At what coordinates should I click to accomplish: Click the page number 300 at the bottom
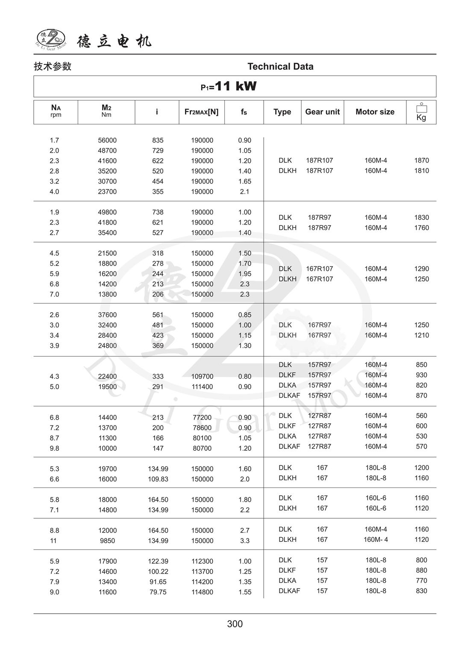[235, 624]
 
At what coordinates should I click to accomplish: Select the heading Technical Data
[280, 66]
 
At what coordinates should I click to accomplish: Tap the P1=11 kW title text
[229, 86]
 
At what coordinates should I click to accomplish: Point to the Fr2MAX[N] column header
[201, 112]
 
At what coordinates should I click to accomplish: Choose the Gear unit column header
[322, 112]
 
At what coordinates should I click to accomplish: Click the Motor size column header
[375, 112]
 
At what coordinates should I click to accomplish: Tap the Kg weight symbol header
[421, 112]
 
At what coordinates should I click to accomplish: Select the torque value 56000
[107, 140]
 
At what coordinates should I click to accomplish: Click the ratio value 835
[158, 140]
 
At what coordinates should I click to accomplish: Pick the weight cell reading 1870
[421, 160]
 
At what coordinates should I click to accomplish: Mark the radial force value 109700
[202, 376]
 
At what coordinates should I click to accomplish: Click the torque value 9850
[107, 541]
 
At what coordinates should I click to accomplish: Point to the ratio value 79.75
[158, 592]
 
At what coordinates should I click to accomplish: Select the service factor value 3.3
[244, 541]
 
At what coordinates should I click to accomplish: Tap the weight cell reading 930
[421, 375]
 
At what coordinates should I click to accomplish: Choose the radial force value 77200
[202, 417]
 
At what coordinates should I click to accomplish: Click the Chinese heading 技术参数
[53, 66]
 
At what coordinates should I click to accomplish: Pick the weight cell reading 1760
[421, 228]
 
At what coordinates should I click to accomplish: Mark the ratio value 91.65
[158, 582]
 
